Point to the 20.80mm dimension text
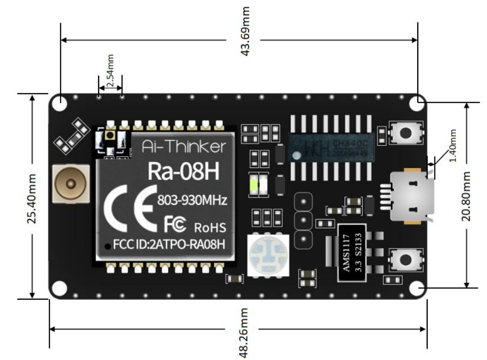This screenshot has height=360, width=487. (x=467, y=196)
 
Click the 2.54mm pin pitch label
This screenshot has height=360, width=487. (x=110, y=71)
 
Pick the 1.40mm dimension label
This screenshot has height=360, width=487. (x=453, y=146)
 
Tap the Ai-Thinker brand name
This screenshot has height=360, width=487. (x=184, y=146)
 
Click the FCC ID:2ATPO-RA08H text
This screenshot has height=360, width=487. (x=169, y=244)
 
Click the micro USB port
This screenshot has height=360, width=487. (x=409, y=195)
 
